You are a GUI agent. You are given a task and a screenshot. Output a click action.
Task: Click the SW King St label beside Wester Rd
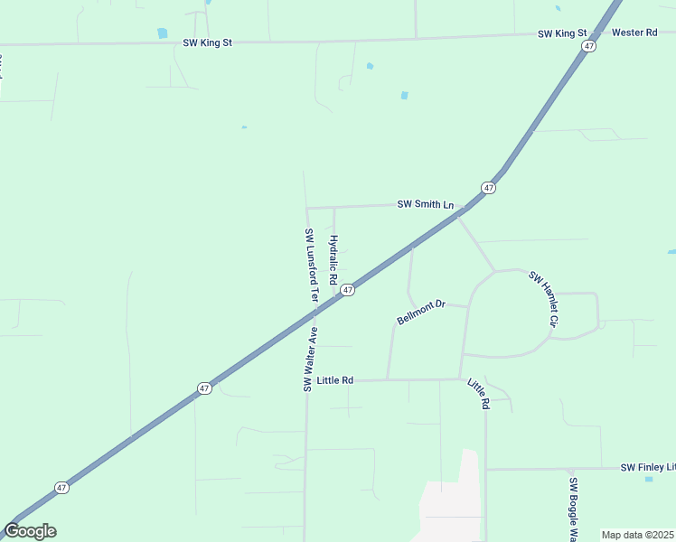click(x=562, y=33)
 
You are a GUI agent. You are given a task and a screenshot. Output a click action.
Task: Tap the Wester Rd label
click(x=634, y=33)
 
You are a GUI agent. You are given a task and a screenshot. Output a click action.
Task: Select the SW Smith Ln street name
click(x=425, y=204)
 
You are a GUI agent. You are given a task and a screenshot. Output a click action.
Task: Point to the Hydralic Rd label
click(x=333, y=260)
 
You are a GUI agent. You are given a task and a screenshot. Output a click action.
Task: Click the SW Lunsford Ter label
click(x=310, y=265)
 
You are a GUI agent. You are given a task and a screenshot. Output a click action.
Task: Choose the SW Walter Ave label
click(x=310, y=359)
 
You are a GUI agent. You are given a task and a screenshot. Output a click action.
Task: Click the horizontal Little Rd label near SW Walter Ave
click(x=335, y=380)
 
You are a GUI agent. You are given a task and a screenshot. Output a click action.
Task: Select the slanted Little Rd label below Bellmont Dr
click(x=478, y=395)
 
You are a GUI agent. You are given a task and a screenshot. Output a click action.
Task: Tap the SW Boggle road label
click(x=573, y=508)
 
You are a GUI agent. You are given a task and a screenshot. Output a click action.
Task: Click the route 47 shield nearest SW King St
click(x=588, y=46)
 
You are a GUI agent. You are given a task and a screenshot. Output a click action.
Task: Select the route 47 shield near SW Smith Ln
click(x=488, y=188)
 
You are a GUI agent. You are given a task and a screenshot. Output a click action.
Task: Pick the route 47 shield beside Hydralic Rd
click(x=348, y=290)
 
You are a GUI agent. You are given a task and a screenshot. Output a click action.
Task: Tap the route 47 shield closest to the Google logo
click(x=61, y=487)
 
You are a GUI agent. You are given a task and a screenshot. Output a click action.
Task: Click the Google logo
click(x=30, y=531)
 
